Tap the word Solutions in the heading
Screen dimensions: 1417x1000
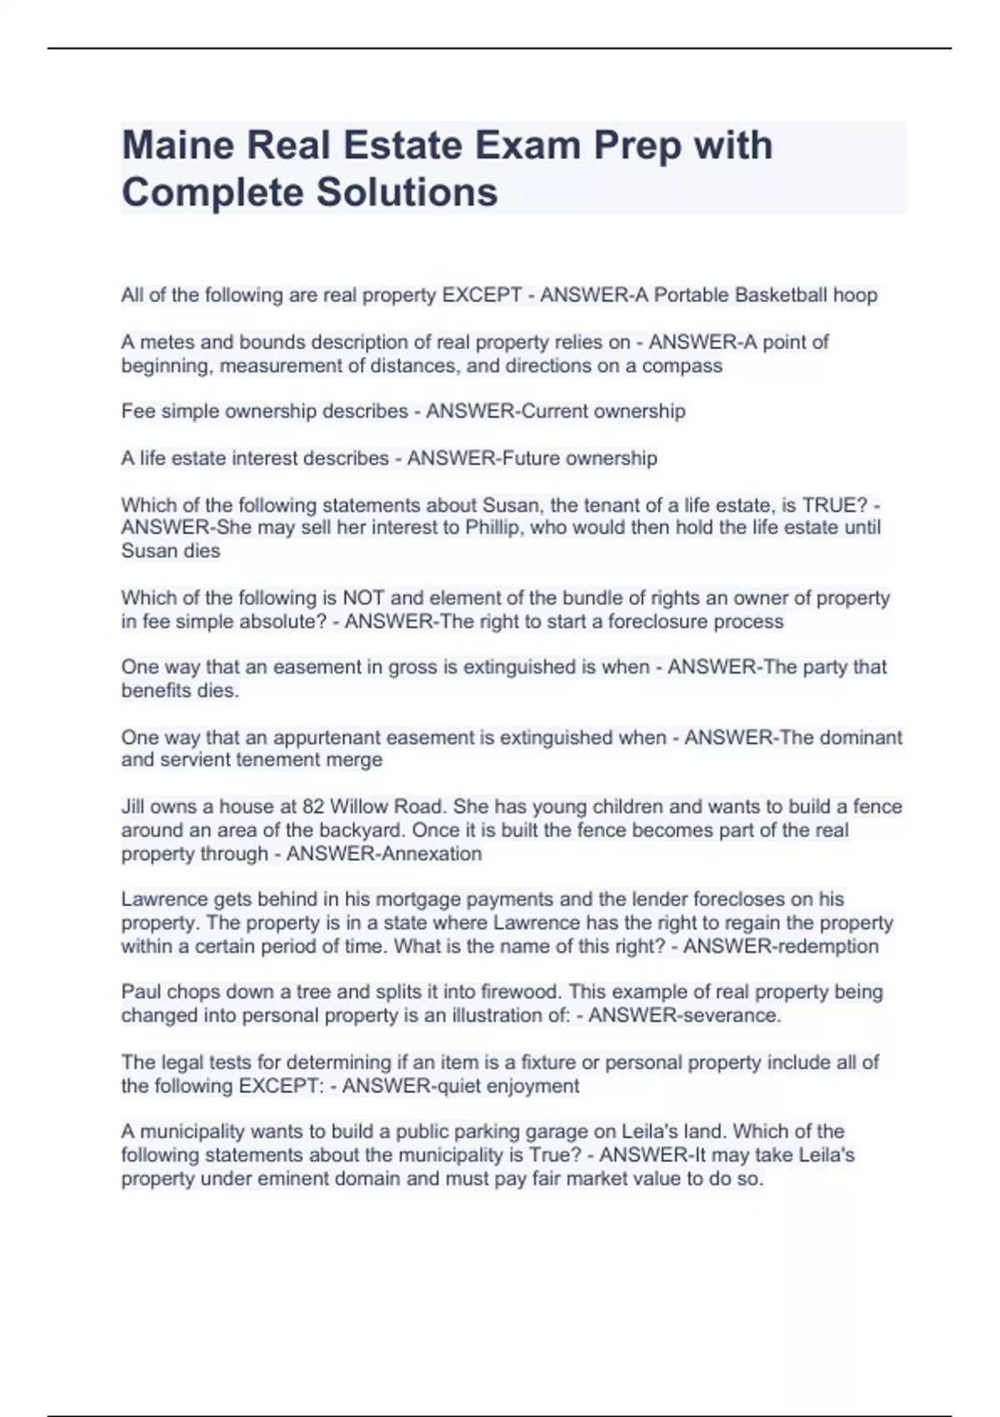[407, 192]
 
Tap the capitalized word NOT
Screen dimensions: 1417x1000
[362, 598]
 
